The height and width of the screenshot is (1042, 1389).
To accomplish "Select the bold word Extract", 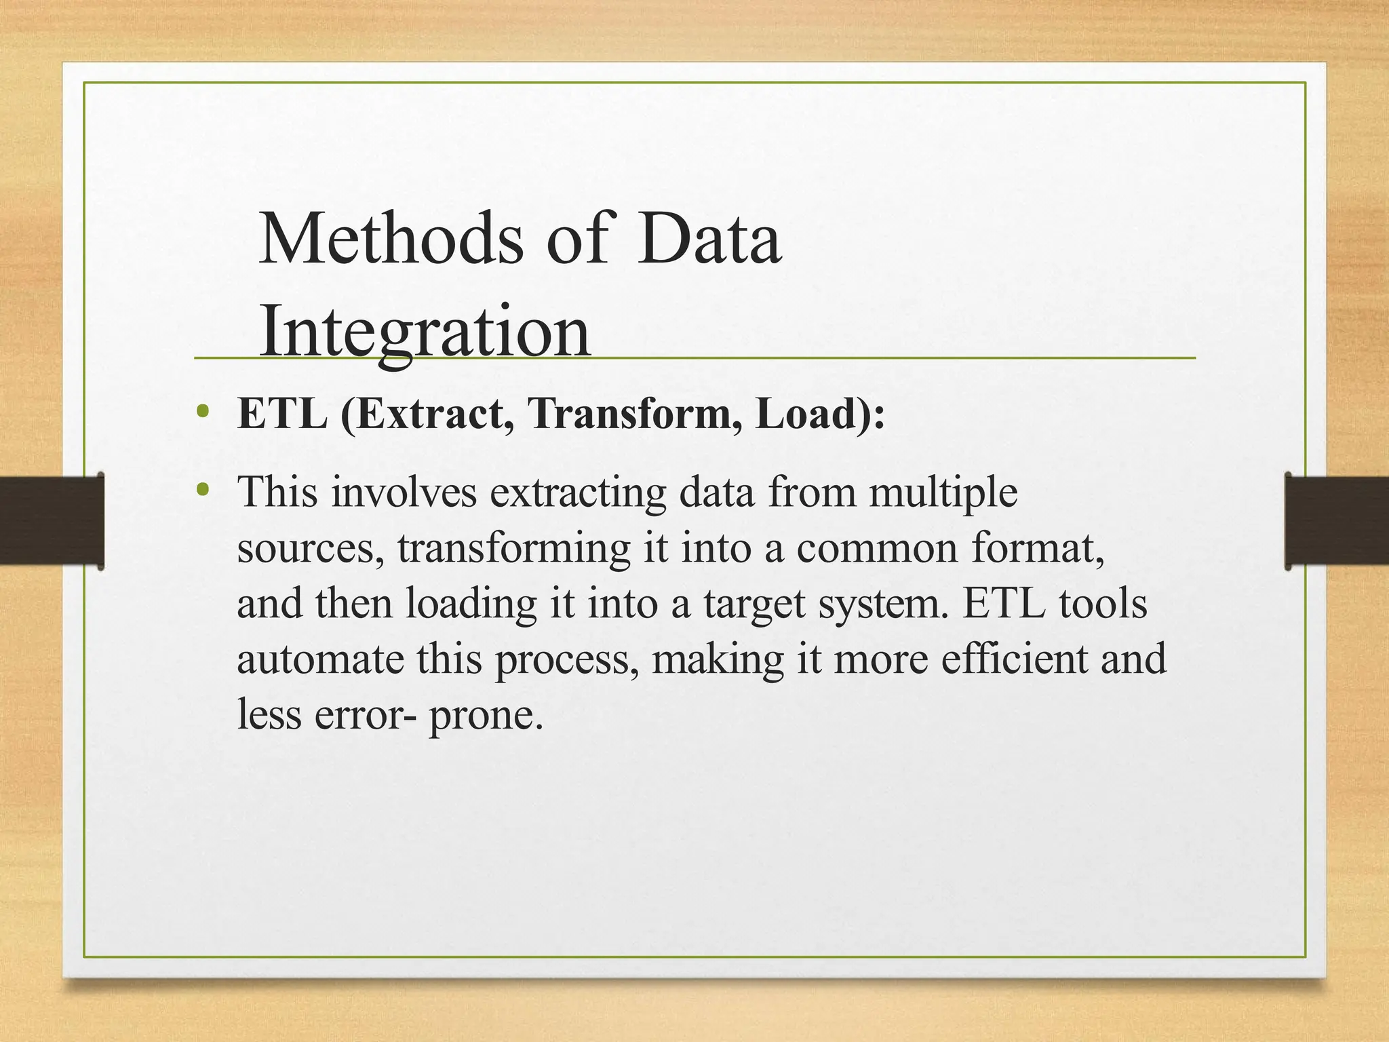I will [433, 413].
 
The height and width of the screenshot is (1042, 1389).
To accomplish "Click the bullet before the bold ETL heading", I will [201, 411].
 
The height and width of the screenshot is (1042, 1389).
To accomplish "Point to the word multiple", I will [943, 493].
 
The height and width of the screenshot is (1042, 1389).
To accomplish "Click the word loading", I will [471, 604].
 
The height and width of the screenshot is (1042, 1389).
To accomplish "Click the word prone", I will [486, 715].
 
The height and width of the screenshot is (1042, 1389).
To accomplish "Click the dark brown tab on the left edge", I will [52, 520].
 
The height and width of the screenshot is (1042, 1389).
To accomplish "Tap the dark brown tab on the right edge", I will [1337, 520].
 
